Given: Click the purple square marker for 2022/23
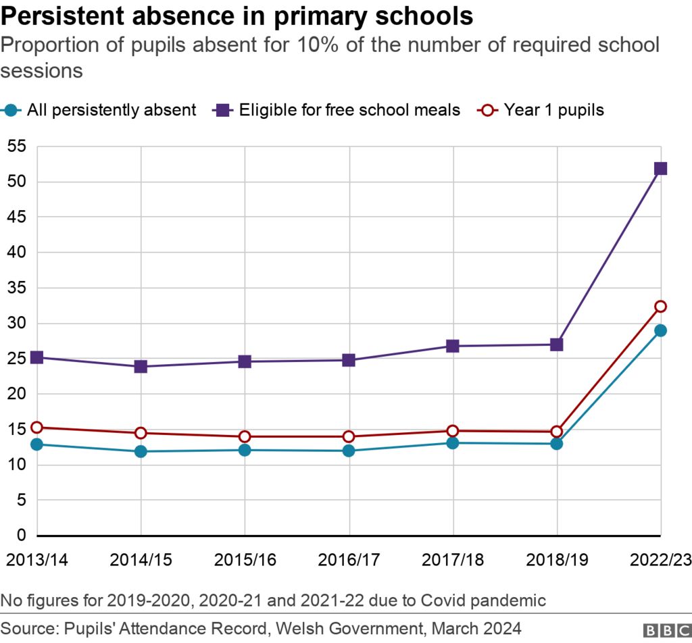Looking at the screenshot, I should click(660, 168).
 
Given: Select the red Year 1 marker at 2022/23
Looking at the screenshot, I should click(660, 307).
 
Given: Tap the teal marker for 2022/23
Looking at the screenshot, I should click(660, 330).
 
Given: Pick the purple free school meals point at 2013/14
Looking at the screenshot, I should click(37, 357).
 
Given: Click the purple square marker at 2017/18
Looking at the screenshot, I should click(453, 346).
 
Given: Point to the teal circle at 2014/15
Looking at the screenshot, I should click(141, 451).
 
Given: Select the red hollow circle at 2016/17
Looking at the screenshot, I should click(349, 436).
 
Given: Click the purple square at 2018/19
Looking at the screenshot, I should click(557, 344).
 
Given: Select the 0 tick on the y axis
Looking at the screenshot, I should click(20, 536).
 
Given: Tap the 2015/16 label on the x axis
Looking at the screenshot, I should click(245, 560).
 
